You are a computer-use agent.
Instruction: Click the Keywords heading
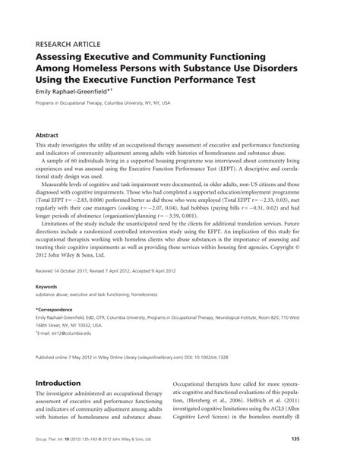tap(46, 286)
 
